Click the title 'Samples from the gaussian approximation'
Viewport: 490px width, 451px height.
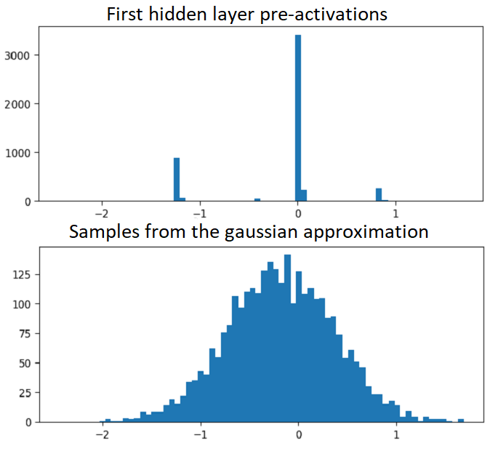pos(249,232)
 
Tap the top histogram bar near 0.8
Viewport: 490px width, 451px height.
pos(378,194)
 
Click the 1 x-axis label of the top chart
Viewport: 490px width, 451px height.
pos(396,215)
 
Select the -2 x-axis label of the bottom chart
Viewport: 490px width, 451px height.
pos(100,436)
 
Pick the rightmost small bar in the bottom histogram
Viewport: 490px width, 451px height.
pos(461,420)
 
